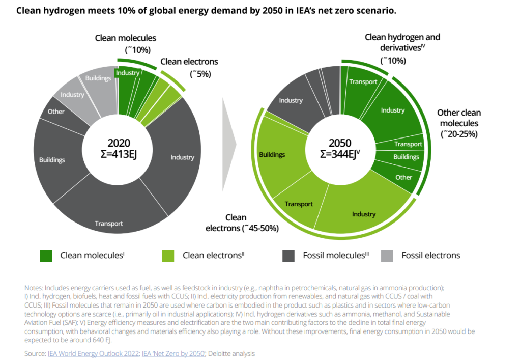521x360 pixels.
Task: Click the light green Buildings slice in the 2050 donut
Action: click(272, 154)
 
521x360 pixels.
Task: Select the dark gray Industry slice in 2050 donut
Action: click(291, 100)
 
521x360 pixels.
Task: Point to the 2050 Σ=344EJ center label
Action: click(340, 149)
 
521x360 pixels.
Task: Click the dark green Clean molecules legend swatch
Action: click(46, 256)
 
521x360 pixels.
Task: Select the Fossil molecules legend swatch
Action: click(288, 256)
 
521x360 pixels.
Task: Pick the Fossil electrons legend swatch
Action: click(387, 256)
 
